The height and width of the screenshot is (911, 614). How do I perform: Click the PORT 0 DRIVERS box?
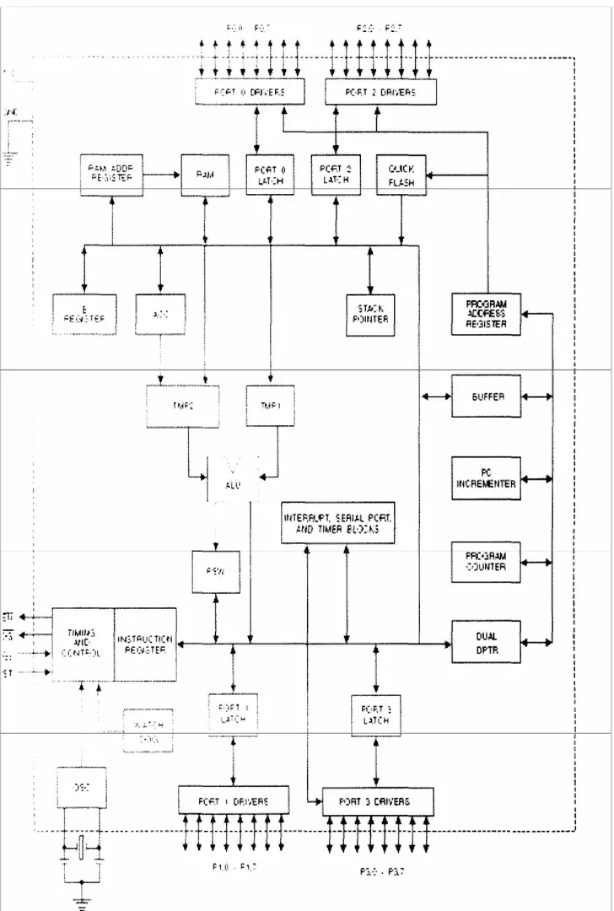[x=249, y=91]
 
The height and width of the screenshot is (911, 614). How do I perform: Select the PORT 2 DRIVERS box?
[x=381, y=91]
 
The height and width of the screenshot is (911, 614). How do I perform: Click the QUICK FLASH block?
[x=401, y=175]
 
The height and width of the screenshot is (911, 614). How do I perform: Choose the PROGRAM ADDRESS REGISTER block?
[x=486, y=313]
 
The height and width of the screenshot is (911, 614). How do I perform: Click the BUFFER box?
[x=486, y=396]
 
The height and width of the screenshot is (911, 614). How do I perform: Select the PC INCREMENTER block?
[x=486, y=478]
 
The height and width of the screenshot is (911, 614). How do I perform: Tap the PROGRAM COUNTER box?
[x=486, y=561]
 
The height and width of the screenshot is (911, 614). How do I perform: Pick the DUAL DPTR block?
[x=486, y=642]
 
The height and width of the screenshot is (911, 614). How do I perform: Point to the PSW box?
[x=215, y=571]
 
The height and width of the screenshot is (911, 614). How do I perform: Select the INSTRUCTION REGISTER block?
[x=145, y=644]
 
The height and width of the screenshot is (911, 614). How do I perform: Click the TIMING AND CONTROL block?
[x=83, y=644]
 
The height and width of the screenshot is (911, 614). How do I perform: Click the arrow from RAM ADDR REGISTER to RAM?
[x=164, y=175]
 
